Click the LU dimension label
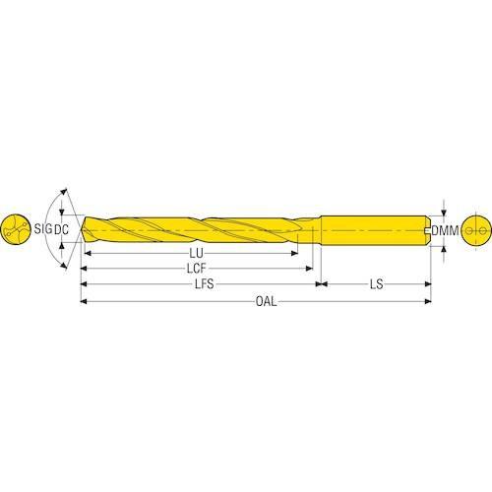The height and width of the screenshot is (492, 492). (196, 253)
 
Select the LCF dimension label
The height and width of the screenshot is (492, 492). (196, 269)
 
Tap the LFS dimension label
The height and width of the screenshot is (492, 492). (205, 284)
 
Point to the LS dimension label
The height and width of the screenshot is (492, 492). (377, 284)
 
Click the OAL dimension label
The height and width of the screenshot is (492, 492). (266, 301)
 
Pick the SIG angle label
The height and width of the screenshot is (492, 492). (43, 228)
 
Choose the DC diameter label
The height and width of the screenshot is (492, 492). (61, 229)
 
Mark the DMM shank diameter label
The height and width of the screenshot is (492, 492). (445, 230)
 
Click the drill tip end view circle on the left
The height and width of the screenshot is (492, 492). (16, 229)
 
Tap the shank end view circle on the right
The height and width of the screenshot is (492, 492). (476, 230)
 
